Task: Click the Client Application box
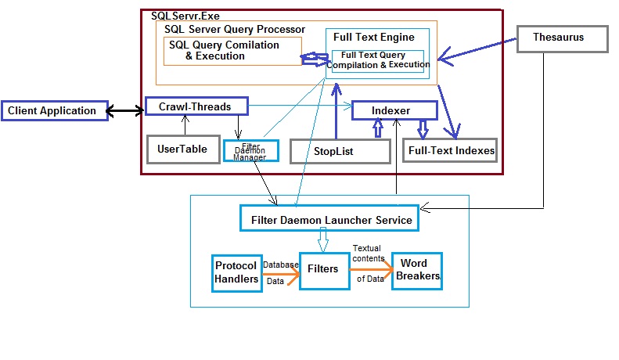[x=52, y=111]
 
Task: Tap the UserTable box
[x=182, y=149]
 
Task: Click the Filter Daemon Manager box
[x=250, y=149]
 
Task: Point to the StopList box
[x=340, y=151]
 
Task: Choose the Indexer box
[x=391, y=111]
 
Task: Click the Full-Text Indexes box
[x=450, y=150]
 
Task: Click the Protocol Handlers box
[x=236, y=272]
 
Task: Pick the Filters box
[x=323, y=269]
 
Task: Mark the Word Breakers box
[x=416, y=271]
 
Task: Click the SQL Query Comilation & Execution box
[x=232, y=51]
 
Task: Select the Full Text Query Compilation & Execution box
[x=378, y=60]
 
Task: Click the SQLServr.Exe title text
[x=185, y=15]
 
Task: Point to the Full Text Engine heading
[x=374, y=37]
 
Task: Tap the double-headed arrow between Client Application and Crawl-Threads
[x=126, y=111]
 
